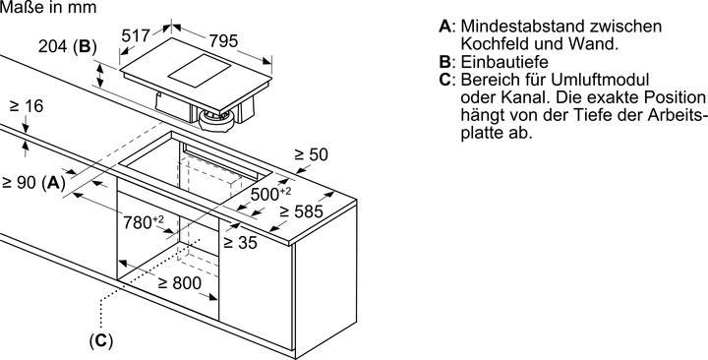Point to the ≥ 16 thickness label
(27, 105)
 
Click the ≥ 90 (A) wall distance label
(32, 182)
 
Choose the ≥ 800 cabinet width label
(180, 283)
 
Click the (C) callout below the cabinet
(101, 341)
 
